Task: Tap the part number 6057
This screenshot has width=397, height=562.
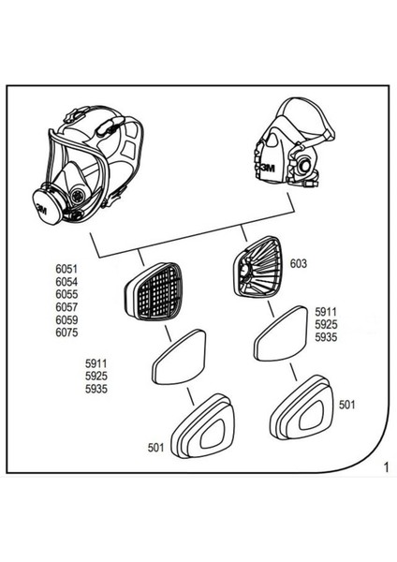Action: tap(69, 305)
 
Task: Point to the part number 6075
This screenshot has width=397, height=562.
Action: tap(69, 332)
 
